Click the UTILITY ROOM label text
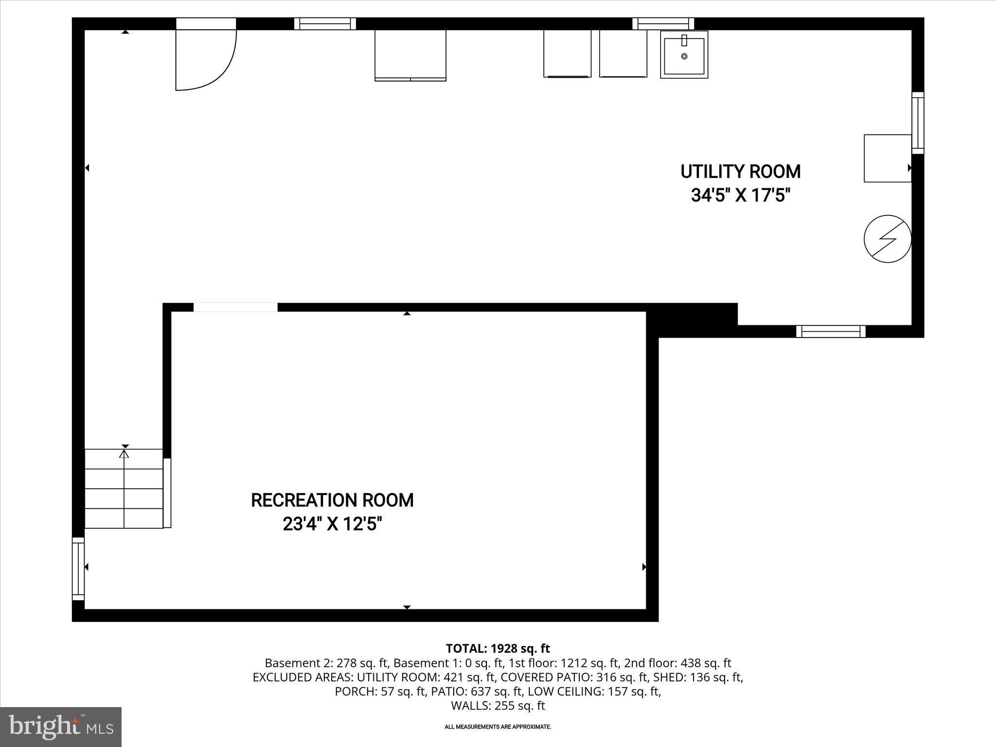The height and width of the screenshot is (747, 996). (740, 172)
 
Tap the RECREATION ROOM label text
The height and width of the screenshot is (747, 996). (332, 500)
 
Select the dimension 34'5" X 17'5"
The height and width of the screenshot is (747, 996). (740, 196)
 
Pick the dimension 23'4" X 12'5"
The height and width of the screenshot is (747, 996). (332, 524)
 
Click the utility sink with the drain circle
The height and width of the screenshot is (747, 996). (684, 54)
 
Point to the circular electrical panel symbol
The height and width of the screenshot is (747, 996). (887, 239)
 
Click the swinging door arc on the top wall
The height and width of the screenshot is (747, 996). (206, 58)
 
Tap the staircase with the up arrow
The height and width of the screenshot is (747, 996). (124, 488)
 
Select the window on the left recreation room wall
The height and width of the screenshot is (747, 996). (78, 569)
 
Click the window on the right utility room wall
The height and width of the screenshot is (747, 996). (917, 123)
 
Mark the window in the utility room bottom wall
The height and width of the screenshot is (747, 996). (831, 332)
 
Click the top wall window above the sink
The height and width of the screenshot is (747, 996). (663, 23)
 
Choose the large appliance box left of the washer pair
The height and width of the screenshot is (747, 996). (410, 55)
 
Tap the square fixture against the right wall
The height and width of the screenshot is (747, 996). (887, 159)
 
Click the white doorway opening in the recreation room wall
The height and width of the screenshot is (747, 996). (235, 307)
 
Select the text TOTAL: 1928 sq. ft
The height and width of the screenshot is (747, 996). (498, 648)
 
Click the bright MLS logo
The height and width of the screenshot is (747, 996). (60, 727)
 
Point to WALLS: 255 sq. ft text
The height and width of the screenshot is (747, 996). (498, 706)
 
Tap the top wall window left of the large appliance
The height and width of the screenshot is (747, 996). (325, 23)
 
